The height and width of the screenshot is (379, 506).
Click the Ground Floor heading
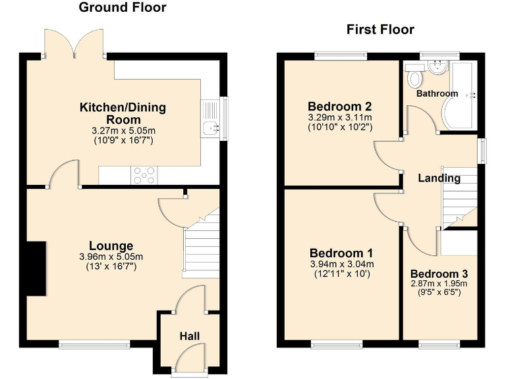click(123, 8)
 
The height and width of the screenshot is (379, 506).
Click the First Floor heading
click(380, 30)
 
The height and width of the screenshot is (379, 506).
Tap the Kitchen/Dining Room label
click(123, 113)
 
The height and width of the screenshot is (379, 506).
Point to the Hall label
click(190, 336)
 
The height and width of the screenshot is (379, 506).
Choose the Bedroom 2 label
click(340, 107)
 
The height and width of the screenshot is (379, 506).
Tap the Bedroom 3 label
click(439, 274)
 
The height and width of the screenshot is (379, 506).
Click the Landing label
click(439, 178)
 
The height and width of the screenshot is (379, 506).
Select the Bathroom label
click(437, 93)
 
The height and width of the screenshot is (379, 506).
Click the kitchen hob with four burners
click(146, 175)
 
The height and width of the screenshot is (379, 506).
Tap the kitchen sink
click(211, 128)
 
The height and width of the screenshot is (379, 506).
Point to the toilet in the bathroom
click(415, 79)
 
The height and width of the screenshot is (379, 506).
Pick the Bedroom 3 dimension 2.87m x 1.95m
click(439, 284)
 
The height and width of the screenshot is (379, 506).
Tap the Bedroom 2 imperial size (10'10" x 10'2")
click(340, 127)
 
